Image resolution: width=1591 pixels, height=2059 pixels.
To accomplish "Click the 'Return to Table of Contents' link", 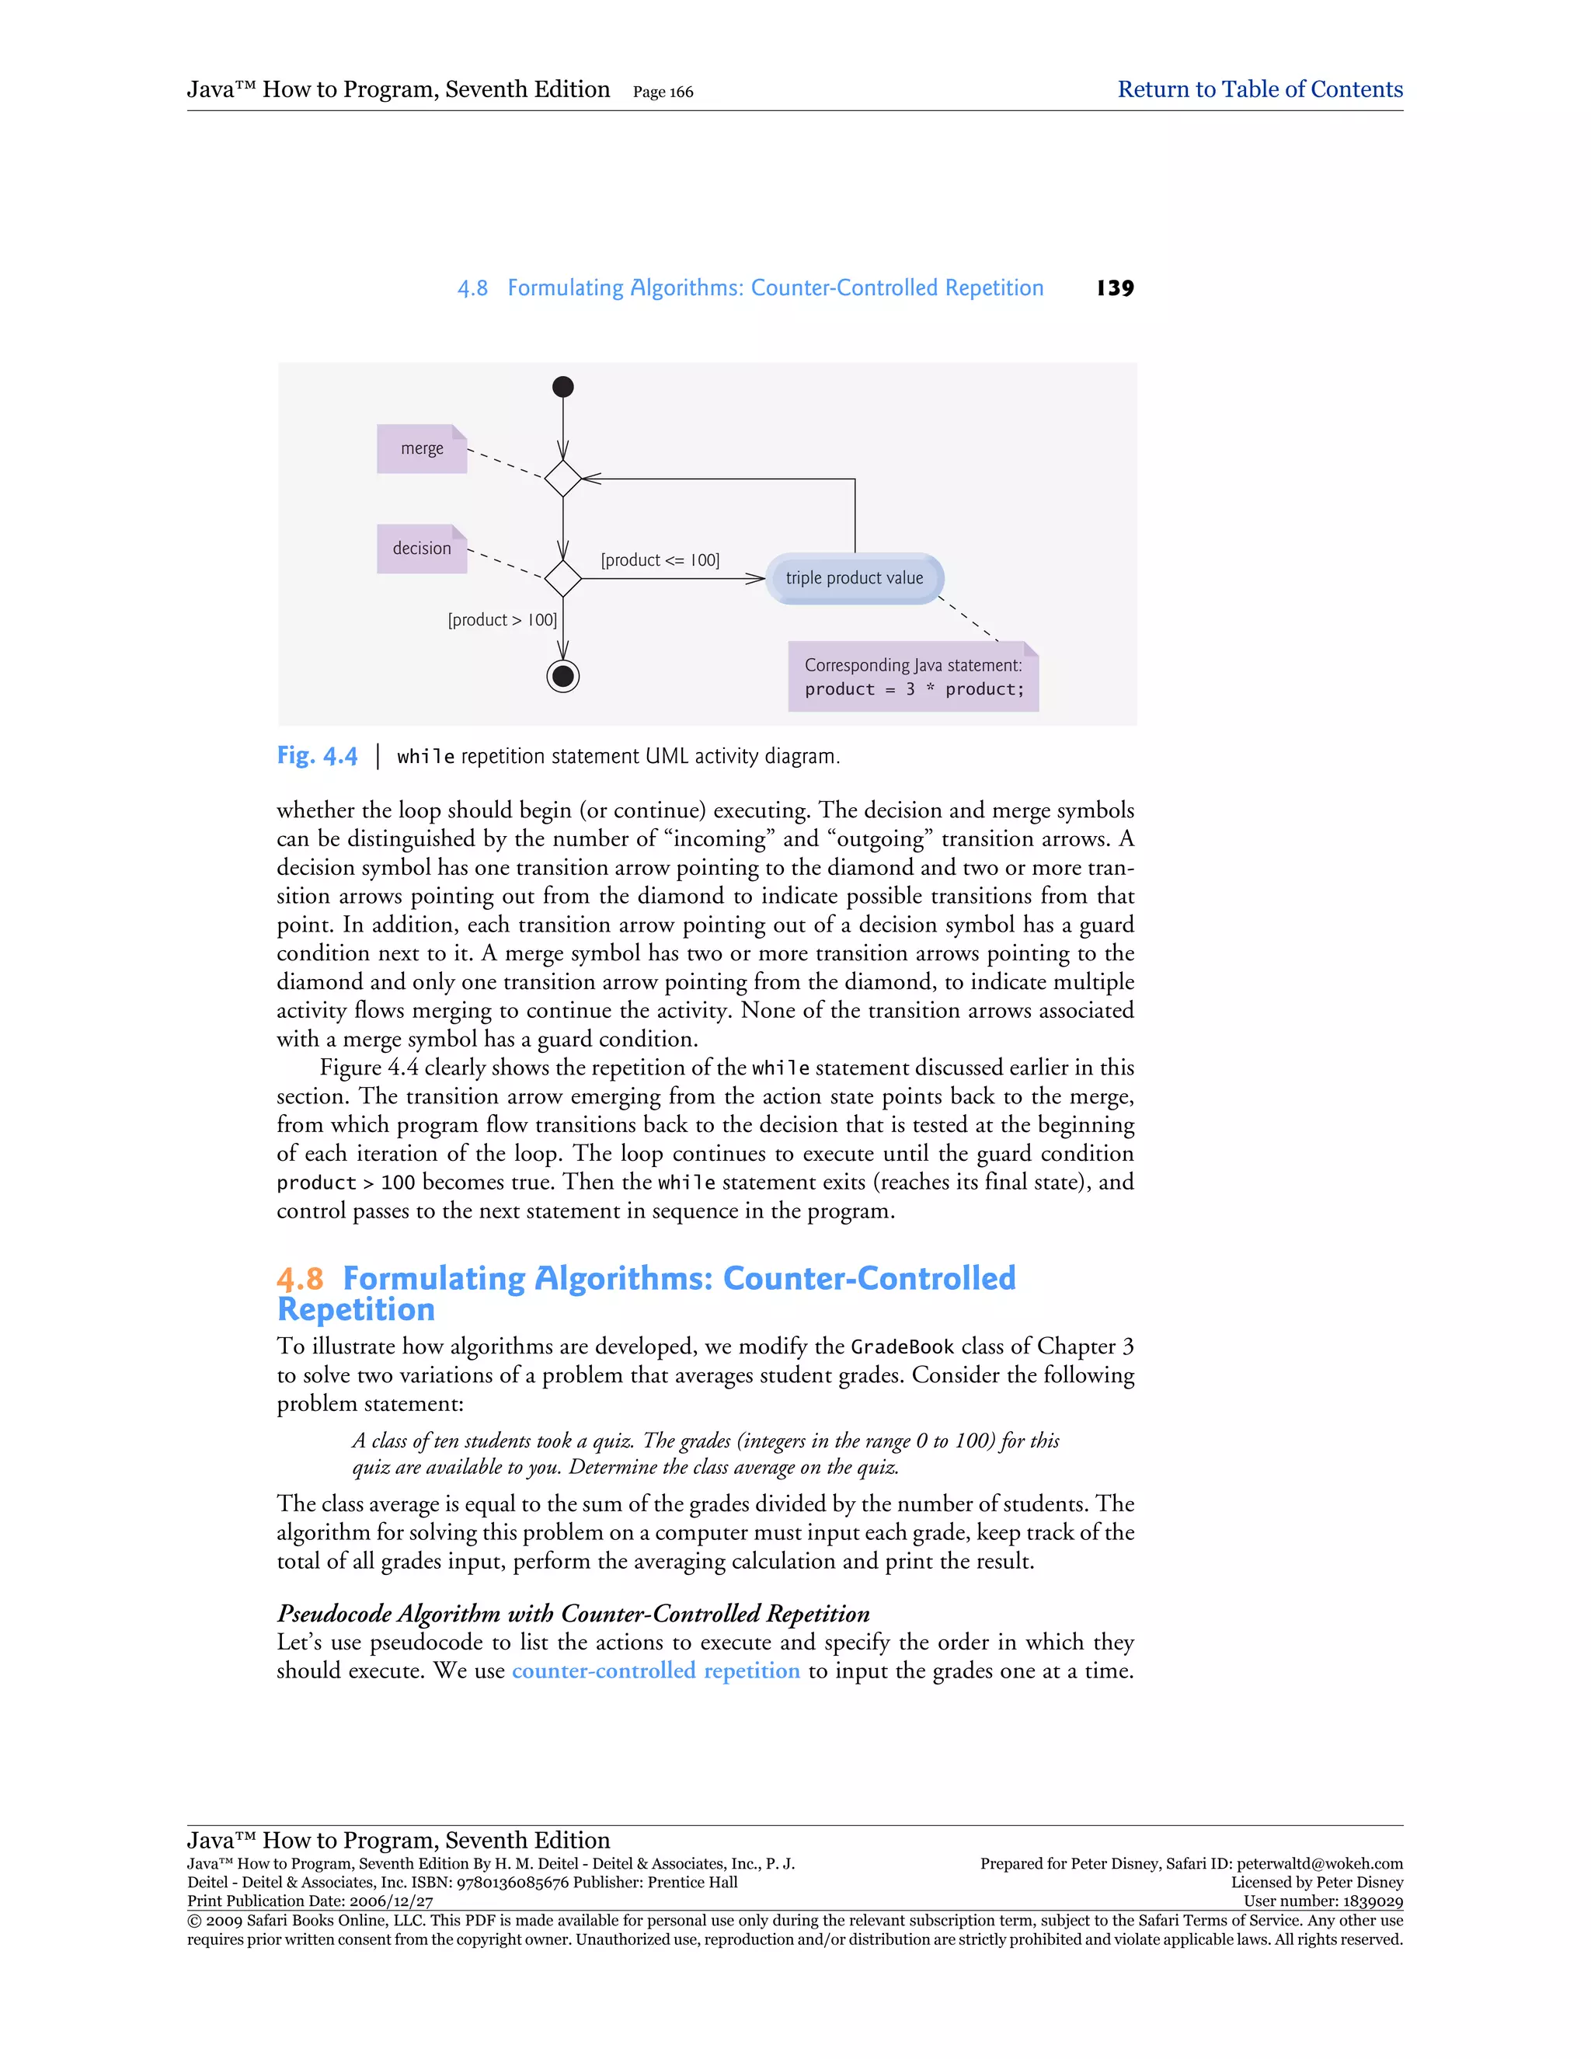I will point(1259,89).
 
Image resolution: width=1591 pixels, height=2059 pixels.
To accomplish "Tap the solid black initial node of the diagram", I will point(562,386).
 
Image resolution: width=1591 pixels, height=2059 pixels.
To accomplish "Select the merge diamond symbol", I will point(562,478).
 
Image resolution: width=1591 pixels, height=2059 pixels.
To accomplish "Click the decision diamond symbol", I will point(562,578).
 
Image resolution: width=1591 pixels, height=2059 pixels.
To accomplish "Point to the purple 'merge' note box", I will point(421,449).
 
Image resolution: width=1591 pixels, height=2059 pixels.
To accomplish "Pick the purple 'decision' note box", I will point(421,549).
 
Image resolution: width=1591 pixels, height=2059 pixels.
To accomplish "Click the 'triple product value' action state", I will point(854,578).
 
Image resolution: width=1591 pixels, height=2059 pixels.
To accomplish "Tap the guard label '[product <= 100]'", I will point(660,560).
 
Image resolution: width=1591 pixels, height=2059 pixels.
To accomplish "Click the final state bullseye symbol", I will point(562,676).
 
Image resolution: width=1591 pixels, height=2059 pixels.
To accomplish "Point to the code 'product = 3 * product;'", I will point(914,689).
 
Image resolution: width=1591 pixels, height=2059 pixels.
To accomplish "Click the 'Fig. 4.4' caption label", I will point(317,756).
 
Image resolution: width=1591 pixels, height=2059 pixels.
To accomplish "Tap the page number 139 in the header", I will point(1115,288).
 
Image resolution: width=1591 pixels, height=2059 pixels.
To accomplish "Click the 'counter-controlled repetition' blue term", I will point(655,1671).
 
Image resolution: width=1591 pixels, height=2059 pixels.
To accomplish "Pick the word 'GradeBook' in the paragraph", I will point(902,1347).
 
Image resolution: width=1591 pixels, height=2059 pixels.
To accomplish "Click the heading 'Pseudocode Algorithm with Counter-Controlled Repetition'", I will point(573,1613).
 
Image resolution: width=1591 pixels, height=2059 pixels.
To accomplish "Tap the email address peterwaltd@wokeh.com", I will point(1320,1864).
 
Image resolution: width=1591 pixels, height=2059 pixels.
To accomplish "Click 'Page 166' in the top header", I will point(663,92).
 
